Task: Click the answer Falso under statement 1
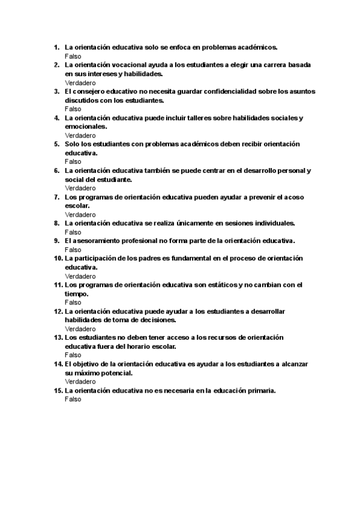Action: point(73,56)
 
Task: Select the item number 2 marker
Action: point(56,65)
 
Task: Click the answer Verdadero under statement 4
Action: point(80,136)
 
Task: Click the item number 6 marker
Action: point(56,170)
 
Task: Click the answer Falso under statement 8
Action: point(73,232)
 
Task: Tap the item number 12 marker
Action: point(58,312)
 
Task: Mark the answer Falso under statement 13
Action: point(73,355)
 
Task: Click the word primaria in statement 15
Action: point(259,391)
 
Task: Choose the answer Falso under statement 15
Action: point(73,400)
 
